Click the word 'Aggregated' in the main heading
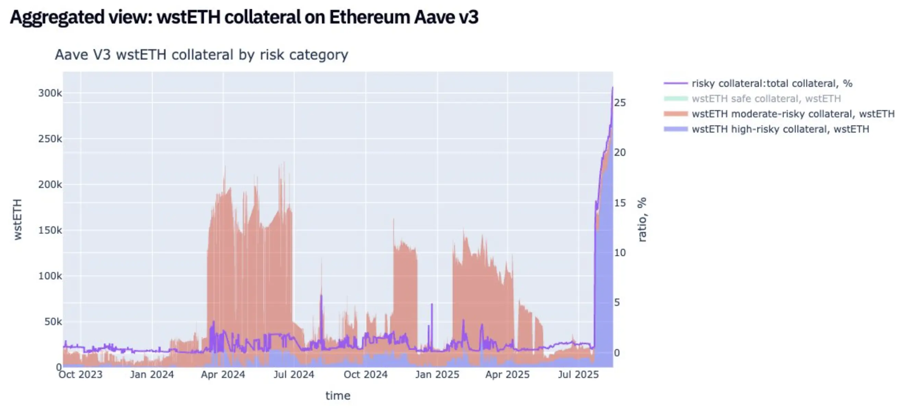[x=57, y=17]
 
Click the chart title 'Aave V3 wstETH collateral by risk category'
[x=201, y=55]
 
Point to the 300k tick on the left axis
[x=50, y=93]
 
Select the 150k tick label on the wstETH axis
[x=50, y=230]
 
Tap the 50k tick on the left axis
[x=53, y=322]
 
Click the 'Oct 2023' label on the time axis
[x=81, y=374]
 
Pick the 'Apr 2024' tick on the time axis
[x=223, y=374]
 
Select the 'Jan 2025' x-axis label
[x=437, y=374]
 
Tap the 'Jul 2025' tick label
[x=578, y=374]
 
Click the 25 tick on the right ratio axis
[x=620, y=103]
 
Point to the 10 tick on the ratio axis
[x=620, y=253]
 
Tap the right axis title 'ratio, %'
[x=642, y=219]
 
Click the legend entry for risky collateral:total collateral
[x=772, y=83]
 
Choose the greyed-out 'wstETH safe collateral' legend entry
[x=766, y=99]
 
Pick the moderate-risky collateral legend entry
[x=793, y=114]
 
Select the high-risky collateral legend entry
[x=781, y=129]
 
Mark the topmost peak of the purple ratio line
[x=613, y=87]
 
